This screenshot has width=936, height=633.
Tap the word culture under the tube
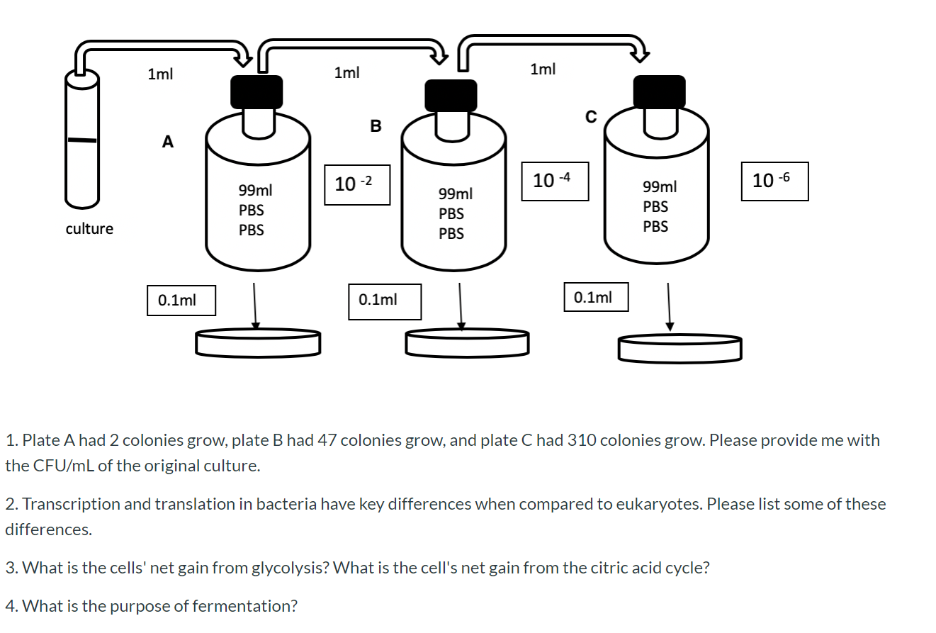tap(89, 229)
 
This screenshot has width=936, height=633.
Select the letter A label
tap(167, 142)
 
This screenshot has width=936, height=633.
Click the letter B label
tap(376, 127)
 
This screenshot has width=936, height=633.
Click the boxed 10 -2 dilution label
tap(357, 184)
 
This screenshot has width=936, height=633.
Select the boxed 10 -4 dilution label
tap(555, 181)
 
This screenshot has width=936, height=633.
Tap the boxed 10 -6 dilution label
tap(774, 181)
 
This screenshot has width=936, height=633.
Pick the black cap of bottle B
tap(451, 95)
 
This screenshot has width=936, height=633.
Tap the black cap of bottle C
tap(659, 91)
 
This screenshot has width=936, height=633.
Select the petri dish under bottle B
tap(467, 342)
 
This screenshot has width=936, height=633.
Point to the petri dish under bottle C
tap(680, 347)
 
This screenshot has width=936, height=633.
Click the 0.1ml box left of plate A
tap(181, 300)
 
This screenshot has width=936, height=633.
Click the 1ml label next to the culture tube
tap(159, 74)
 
